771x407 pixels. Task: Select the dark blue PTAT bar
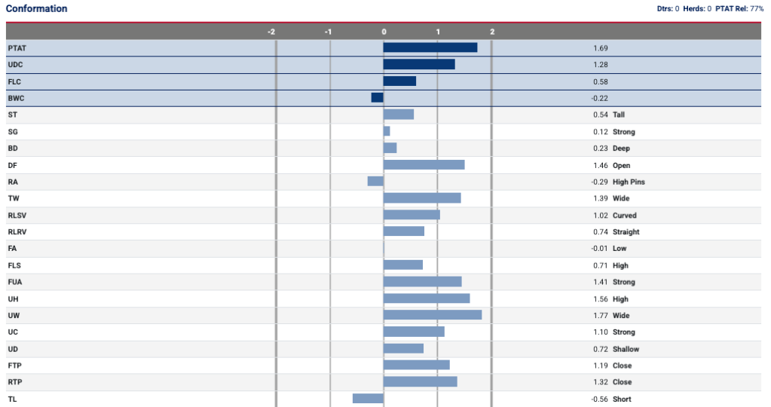pyautogui.click(x=430, y=47)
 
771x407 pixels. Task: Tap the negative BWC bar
pyautogui.click(x=377, y=97)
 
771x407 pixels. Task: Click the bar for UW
pyautogui.click(x=432, y=315)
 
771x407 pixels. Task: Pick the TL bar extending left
pyautogui.click(x=368, y=399)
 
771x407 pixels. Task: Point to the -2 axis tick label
pyautogui.click(x=271, y=32)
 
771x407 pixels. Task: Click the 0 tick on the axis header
pyautogui.click(x=384, y=32)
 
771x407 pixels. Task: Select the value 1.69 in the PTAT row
pyautogui.click(x=600, y=48)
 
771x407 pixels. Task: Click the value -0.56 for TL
pyautogui.click(x=600, y=399)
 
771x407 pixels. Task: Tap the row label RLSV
pyautogui.click(x=17, y=216)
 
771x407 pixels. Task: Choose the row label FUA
pyautogui.click(x=14, y=282)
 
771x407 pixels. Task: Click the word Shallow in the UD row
pyautogui.click(x=626, y=349)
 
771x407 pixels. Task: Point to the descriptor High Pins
pyautogui.click(x=629, y=182)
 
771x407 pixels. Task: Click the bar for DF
pyautogui.click(x=424, y=164)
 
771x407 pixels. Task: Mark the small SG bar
pyautogui.click(x=387, y=131)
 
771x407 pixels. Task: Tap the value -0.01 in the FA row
pyautogui.click(x=600, y=249)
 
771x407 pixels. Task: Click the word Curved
pyautogui.click(x=624, y=216)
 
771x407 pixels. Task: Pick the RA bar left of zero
pyautogui.click(x=375, y=181)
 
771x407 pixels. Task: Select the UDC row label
pyautogui.click(x=15, y=65)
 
